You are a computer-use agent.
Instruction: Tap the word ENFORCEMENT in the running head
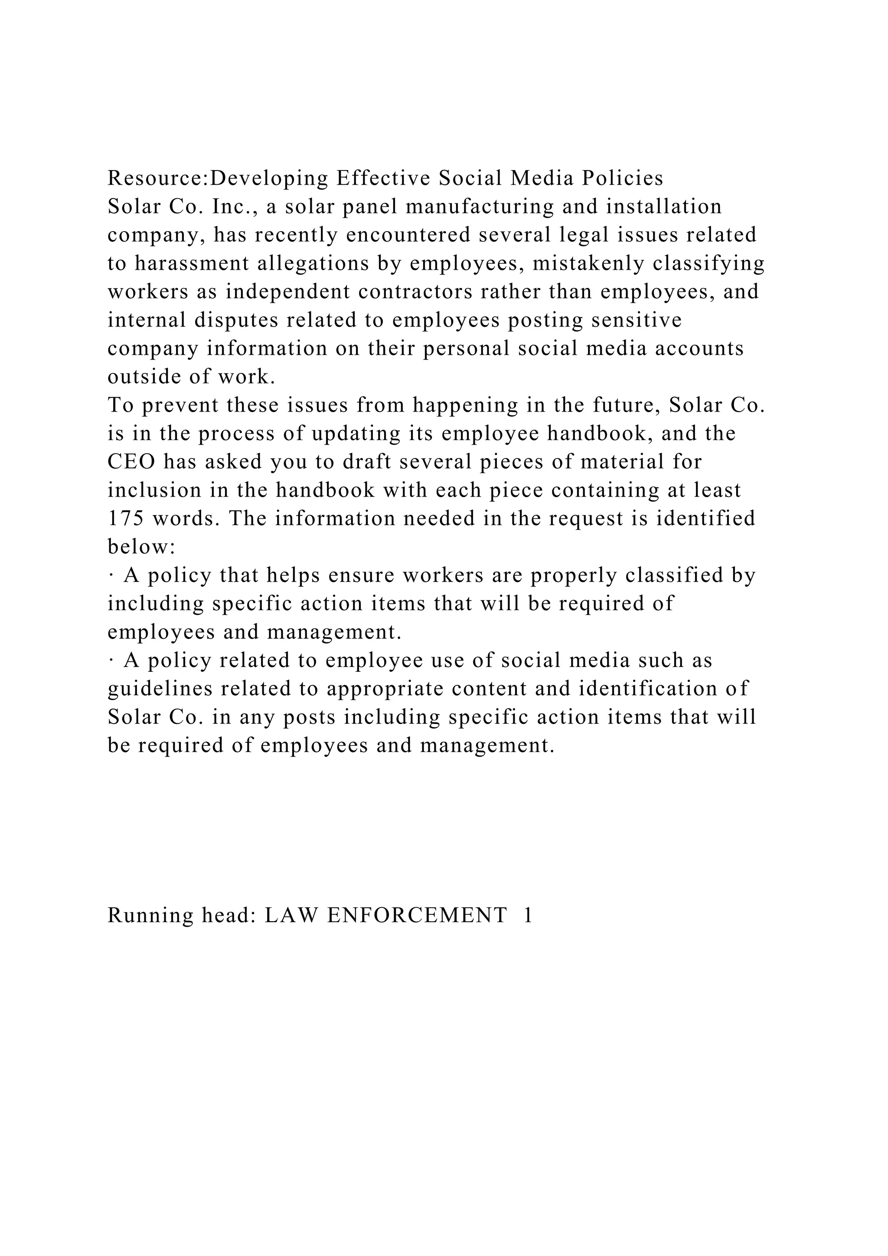[417, 916]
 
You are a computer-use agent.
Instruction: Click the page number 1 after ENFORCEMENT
[528, 916]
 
